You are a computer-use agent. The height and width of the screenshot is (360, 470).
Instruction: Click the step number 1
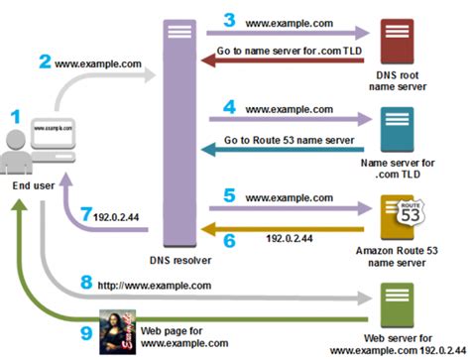click(x=15, y=116)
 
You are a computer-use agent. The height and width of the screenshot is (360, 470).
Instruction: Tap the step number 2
click(x=45, y=60)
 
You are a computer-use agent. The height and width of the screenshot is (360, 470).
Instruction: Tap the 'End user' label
click(x=31, y=185)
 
